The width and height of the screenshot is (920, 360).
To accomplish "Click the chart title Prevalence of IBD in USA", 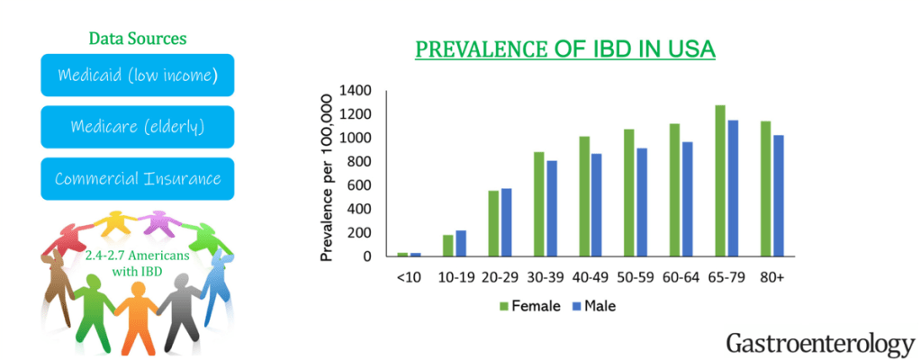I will coord(564,49).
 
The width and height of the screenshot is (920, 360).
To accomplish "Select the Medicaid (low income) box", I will coord(138,75).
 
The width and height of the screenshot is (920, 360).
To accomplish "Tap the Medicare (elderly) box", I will coord(138,127).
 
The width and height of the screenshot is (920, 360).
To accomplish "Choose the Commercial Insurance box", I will coord(138,179).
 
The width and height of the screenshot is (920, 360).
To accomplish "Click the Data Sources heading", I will coord(138,39).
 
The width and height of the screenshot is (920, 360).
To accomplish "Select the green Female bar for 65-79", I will coord(720,181).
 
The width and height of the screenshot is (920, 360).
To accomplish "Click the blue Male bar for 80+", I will coord(778,195).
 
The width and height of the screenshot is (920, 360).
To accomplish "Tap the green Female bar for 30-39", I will coord(538,203).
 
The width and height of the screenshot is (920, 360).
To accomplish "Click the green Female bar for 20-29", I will coord(493,223).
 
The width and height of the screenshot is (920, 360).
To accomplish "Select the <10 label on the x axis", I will coord(408,277).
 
